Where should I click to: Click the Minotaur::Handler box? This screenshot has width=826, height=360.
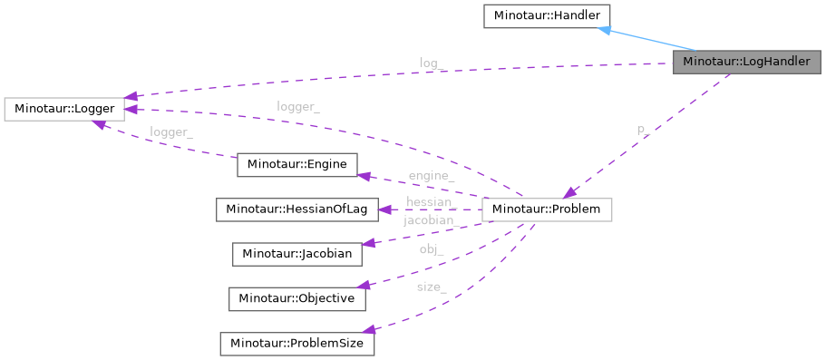534,15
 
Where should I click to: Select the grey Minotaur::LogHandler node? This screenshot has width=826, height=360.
747,63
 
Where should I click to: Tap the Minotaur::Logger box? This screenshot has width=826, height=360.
63,109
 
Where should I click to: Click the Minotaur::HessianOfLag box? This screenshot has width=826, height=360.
296,209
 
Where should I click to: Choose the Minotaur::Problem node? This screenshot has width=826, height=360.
547,209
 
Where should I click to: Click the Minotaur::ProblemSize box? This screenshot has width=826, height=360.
296,344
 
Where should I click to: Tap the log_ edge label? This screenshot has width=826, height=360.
431,63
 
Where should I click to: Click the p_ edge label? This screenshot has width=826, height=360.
641,131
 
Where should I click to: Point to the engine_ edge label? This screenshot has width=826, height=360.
431,175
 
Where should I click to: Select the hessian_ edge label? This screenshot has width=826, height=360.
429,202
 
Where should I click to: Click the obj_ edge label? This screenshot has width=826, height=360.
431,249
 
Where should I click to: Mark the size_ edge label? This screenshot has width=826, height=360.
431,287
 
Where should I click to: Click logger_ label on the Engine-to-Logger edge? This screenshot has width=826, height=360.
170,131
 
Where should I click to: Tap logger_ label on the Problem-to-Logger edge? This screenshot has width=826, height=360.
297,106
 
